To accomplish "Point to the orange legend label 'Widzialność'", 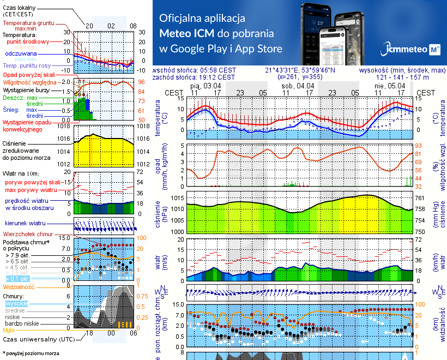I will [19, 286].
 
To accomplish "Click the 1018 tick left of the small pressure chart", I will [63, 126].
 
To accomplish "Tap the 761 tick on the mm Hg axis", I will [420, 197].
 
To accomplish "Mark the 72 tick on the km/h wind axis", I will [420, 239].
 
